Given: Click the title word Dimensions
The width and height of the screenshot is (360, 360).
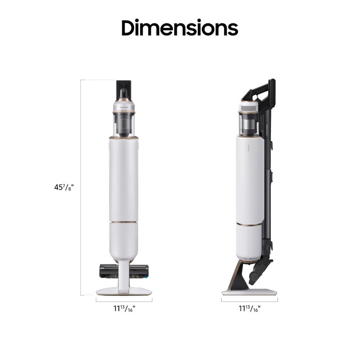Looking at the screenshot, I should coord(180,28).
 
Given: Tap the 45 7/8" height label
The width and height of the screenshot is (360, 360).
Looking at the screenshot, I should coord(64,188).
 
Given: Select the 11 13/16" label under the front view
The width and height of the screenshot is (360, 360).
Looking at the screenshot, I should coord(124,308).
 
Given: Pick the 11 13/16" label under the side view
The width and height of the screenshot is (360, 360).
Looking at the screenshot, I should coord(249,308).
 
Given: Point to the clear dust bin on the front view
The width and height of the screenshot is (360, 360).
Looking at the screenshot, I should coord(124,124).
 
